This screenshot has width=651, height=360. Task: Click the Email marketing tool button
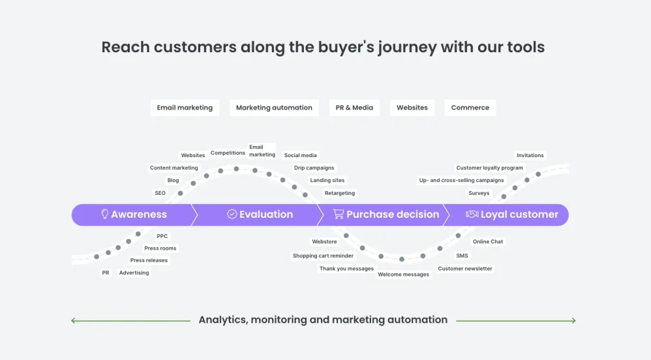tap(185, 108)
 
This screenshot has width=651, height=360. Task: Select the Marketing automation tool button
tap(274, 108)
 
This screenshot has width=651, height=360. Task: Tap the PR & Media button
tap(354, 108)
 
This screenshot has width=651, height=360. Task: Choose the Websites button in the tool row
tap(412, 108)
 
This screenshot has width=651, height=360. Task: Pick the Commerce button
tap(470, 108)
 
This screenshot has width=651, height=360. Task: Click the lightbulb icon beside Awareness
tap(104, 214)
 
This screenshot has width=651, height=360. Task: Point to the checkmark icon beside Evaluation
tap(232, 214)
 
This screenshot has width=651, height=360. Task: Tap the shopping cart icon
tap(338, 214)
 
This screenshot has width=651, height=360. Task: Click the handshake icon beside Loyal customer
tap(472, 214)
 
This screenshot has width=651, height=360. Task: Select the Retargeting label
tap(340, 193)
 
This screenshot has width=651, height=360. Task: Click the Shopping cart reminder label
tap(323, 256)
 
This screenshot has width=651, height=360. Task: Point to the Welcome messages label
tap(403, 275)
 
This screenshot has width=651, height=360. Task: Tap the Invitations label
tap(530, 155)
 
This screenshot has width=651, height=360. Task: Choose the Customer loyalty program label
tap(489, 168)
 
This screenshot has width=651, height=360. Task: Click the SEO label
tap(160, 193)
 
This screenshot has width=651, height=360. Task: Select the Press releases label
tap(149, 260)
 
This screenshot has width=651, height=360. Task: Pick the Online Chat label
tap(488, 241)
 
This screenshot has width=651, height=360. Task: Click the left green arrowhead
tap(74, 320)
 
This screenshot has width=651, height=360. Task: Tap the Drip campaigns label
tap(314, 168)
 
